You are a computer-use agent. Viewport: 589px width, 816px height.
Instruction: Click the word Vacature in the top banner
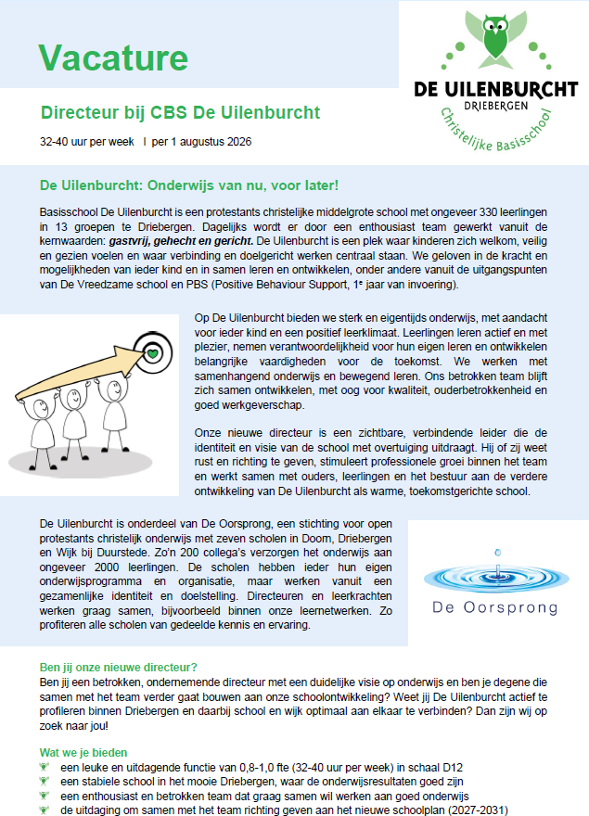(x=114, y=57)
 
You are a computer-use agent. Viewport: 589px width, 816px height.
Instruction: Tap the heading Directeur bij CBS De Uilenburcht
(x=180, y=113)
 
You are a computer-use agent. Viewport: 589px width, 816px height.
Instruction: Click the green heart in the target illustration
(x=152, y=352)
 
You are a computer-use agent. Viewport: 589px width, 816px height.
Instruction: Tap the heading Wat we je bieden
(x=83, y=752)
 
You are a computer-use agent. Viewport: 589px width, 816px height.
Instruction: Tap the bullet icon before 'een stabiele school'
(x=45, y=782)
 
